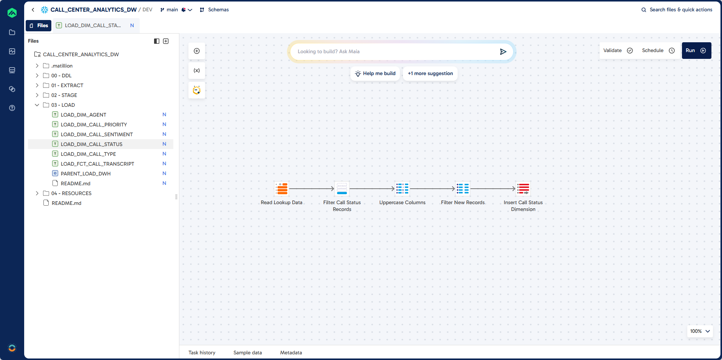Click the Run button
tap(696, 51)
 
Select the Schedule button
tap(658, 51)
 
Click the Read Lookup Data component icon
tap(282, 189)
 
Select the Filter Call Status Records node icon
tap(342, 189)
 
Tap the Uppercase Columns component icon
tap(402, 189)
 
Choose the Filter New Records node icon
tap(463, 189)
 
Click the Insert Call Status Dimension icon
tap(523, 189)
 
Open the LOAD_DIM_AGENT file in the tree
tap(83, 115)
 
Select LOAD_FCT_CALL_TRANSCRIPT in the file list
tap(97, 164)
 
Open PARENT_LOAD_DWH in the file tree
tap(86, 174)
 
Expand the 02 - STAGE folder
tap(64, 95)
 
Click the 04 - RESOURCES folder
tap(71, 193)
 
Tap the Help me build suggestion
tap(375, 74)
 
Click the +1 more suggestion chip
tap(430, 74)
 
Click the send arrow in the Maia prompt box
tap(503, 52)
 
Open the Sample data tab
tap(247, 352)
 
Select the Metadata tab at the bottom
tap(291, 352)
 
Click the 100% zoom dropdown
tap(700, 331)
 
